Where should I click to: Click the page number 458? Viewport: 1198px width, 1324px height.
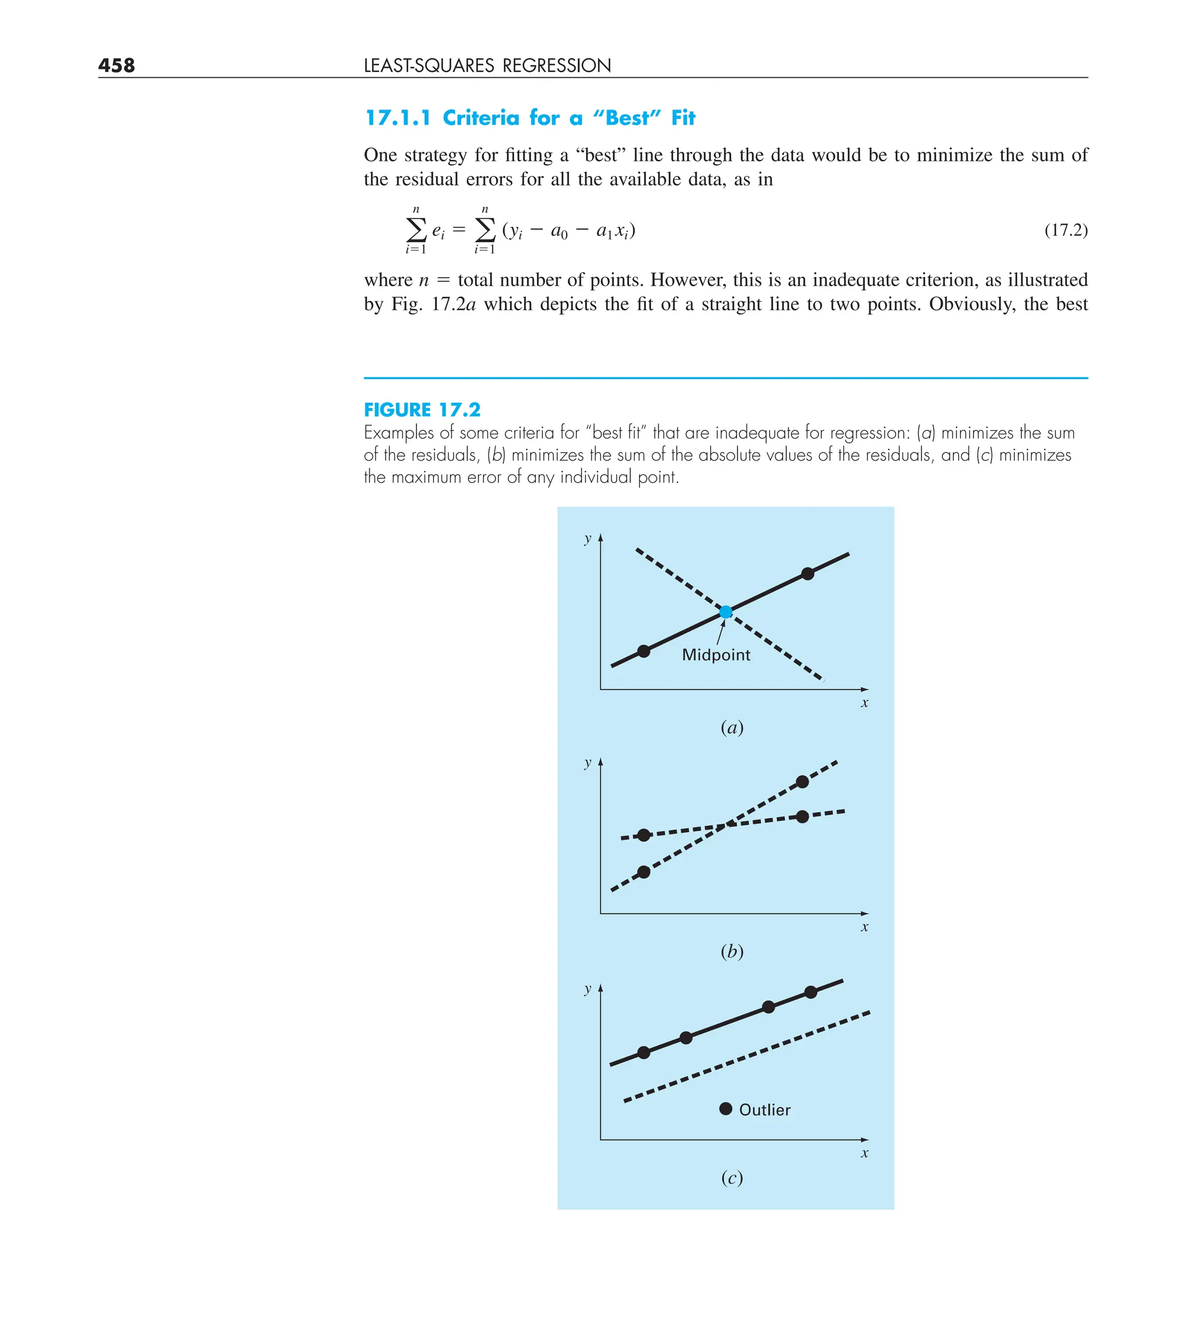116,65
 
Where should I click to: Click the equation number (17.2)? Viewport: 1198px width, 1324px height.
1065,230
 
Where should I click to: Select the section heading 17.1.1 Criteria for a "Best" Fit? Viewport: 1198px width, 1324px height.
529,118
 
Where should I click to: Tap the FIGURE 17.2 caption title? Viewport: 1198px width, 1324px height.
422,410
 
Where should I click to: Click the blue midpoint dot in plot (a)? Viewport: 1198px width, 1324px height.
725,612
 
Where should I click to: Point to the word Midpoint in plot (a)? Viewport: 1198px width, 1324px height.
715,655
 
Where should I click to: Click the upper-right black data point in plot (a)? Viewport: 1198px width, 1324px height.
807,574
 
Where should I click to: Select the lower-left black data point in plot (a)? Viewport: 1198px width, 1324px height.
643,651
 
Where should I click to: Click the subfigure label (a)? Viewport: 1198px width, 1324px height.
731,727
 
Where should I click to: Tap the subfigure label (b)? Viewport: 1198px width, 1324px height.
731,951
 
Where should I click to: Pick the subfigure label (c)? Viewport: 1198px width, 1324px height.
731,1177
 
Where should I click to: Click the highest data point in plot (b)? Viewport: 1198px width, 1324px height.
802,781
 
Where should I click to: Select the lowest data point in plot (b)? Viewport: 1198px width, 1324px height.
643,872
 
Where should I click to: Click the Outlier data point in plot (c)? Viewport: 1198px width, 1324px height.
725,1109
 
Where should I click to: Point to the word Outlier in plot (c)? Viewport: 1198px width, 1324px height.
765,1110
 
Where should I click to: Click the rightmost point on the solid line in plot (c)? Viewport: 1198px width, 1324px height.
811,992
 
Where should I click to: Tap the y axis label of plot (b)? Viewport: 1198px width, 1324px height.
587,763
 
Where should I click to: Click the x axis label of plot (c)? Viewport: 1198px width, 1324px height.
865,1153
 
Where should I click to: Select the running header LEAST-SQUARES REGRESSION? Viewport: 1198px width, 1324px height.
487,65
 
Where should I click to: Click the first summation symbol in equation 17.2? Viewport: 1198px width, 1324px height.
416,230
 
